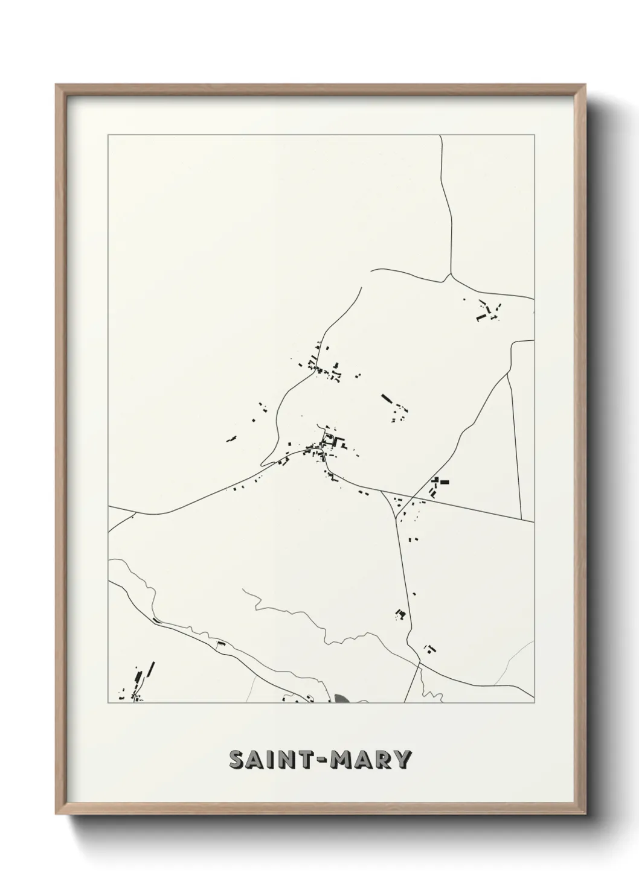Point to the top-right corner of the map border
point(535,135)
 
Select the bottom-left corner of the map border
point(108,703)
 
